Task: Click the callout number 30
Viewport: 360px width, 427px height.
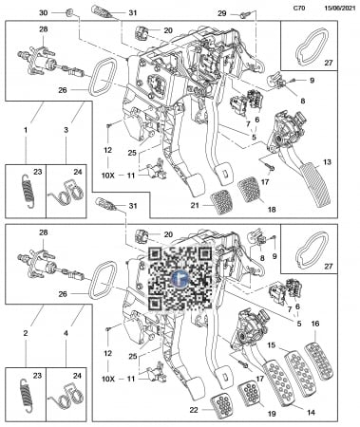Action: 44,13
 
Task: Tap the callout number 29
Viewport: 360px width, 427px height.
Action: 222,13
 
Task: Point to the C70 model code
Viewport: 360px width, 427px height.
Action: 299,9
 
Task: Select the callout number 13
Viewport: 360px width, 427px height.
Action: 327,162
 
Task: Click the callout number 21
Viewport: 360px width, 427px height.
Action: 195,206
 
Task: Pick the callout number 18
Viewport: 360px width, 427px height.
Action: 272,210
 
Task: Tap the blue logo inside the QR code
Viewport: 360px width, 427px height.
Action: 180,278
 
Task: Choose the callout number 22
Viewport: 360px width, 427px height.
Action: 194,410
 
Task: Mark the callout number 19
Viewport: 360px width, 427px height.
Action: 272,413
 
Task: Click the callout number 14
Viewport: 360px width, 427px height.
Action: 311,412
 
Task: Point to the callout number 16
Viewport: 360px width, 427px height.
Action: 315,324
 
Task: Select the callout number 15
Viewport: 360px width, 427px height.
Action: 272,344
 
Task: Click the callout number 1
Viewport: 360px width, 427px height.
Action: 26,130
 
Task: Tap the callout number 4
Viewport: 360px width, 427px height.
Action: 66,333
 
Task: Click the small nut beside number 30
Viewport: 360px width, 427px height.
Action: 67,13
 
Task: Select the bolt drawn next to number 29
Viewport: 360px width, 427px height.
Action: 244,14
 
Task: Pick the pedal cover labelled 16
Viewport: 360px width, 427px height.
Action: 319,362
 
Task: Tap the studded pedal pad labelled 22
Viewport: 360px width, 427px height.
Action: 221,403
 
